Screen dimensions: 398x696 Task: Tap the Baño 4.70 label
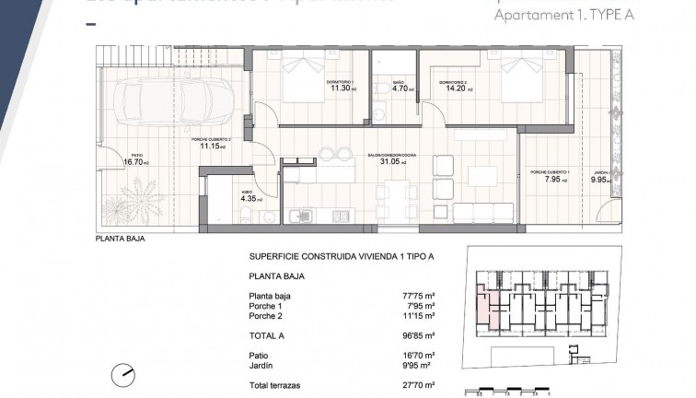tap(400, 88)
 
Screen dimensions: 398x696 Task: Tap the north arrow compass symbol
tap(122, 375)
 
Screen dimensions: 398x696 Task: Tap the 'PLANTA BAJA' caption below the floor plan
tap(120, 237)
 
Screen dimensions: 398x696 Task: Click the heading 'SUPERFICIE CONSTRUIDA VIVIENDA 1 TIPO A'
tap(328, 257)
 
